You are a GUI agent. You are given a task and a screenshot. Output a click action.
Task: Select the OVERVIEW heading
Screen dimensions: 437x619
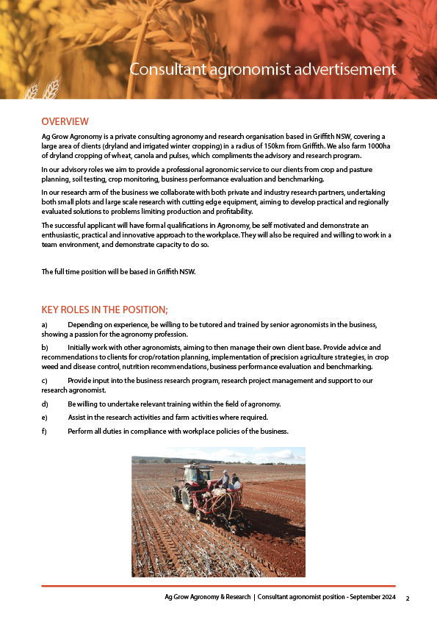click(65, 121)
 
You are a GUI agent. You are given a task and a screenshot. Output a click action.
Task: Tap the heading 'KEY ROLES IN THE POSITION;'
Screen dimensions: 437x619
click(105, 309)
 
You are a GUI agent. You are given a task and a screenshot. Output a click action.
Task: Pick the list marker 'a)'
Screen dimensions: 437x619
click(45, 325)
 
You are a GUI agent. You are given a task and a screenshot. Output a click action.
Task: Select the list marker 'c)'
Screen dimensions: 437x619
click(45, 381)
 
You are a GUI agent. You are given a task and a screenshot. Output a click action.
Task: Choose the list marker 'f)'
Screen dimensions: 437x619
click(44, 431)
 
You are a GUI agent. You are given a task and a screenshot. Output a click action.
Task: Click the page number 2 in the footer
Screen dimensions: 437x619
click(408, 598)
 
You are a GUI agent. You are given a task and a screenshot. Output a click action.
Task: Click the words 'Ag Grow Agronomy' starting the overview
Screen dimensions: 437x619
click(71, 137)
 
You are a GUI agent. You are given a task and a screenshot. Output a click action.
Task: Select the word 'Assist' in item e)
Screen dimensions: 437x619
click(78, 418)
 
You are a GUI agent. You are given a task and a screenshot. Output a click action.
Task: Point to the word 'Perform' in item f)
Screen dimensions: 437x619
click(81, 431)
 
